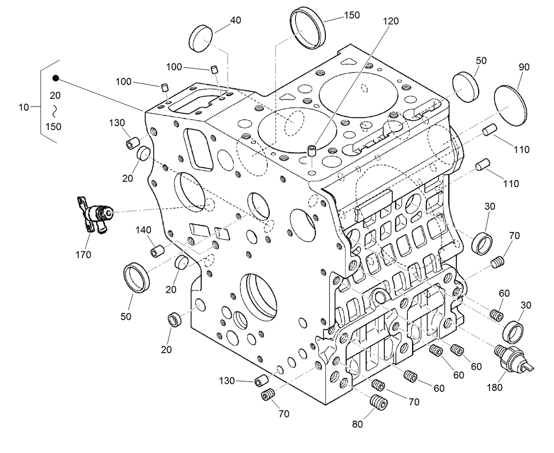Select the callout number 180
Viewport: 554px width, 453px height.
coord(494,387)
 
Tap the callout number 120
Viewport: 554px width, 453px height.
coord(390,21)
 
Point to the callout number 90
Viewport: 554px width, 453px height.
coord(524,67)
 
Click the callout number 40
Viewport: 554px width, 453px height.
coord(236,20)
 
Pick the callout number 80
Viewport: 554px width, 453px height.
coord(358,425)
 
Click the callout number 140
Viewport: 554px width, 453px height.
coord(143,230)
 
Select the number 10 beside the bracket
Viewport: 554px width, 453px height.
coord(24,107)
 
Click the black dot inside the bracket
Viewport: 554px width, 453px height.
coord(55,78)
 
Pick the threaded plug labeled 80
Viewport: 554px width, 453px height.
coord(378,401)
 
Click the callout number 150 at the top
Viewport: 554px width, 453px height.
coord(352,15)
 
